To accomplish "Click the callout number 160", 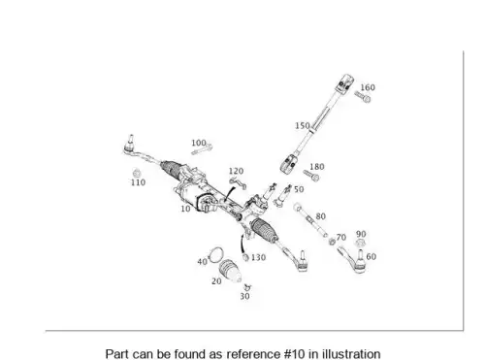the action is click(368, 87).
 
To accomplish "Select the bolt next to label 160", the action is click(363, 96).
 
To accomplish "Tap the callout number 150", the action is click(303, 125).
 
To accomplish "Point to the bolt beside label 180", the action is click(311, 176).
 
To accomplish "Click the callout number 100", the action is click(199, 143).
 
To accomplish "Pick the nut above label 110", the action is click(137, 173).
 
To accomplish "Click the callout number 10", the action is click(185, 209).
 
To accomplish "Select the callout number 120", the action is click(236, 171).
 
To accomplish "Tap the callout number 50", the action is click(299, 189).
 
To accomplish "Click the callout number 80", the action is click(320, 216).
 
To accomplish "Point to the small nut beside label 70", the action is click(332, 242).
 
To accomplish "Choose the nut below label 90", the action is click(360, 243).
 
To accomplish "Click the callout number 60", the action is click(372, 256).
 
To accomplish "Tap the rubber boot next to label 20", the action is click(230, 270).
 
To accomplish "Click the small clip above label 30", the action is click(247, 286).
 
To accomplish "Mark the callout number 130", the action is click(258, 257).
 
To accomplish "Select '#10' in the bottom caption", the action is click(295, 354).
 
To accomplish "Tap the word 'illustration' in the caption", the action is click(351, 354).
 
